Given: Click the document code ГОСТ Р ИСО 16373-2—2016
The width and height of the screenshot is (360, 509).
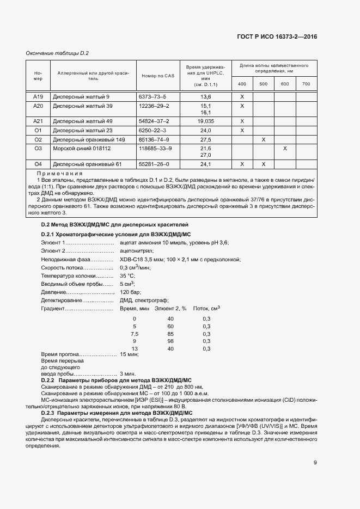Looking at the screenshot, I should pyautogui.click(x=277, y=36).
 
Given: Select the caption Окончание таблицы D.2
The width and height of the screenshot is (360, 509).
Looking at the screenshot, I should pyautogui.click(x=57, y=53).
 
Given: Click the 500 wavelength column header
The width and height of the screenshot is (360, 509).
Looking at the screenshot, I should pyautogui.click(x=263, y=84).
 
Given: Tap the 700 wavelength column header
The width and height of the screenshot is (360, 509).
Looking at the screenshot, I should pyautogui.click(x=306, y=84).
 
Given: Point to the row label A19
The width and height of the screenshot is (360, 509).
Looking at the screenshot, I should pyautogui.click(x=38, y=96).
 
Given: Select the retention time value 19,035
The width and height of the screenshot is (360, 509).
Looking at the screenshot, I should pyautogui.click(x=205, y=121).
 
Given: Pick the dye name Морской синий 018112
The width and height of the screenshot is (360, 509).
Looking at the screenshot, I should pyautogui.click(x=82, y=148).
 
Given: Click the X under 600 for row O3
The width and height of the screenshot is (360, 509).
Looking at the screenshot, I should pyautogui.click(x=284, y=148).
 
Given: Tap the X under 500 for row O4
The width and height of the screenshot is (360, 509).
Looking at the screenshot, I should pyautogui.click(x=263, y=164).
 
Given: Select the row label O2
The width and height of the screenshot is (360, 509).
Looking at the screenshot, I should pyautogui.click(x=38, y=140).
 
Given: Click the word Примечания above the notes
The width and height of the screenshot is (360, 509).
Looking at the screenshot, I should pyautogui.click(x=63, y=173).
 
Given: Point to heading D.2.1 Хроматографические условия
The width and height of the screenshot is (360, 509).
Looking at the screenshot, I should pyautogui.click(x=115, y=234).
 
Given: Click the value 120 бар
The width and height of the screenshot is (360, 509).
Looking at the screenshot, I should pyautogui.click(x=129, y=292).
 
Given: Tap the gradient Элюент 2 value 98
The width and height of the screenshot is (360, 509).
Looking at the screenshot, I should pyautogui.click(x=170, y=341).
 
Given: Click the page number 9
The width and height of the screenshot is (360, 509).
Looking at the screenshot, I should pyautogui.click(x=315, y=463).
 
